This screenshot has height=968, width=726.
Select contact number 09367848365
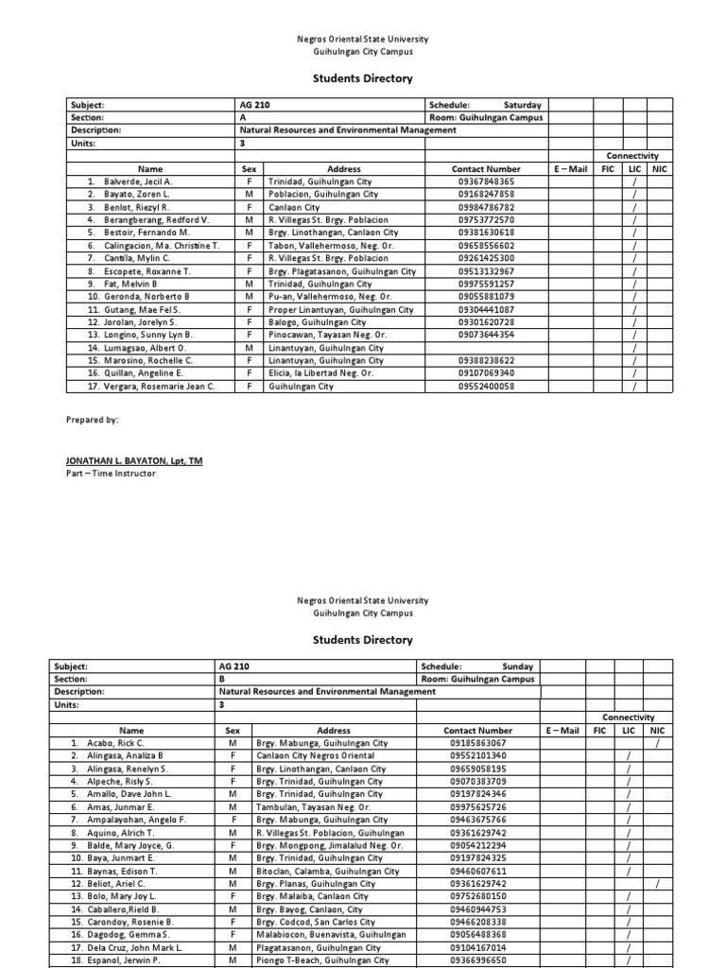486,181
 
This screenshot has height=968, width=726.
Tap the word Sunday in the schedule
518,665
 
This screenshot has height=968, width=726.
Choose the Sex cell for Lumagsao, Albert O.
249,348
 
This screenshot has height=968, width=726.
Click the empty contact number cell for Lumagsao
486,348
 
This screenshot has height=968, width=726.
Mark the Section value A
243,118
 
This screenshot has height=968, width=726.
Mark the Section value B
222,679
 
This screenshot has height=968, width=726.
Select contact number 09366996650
477,959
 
